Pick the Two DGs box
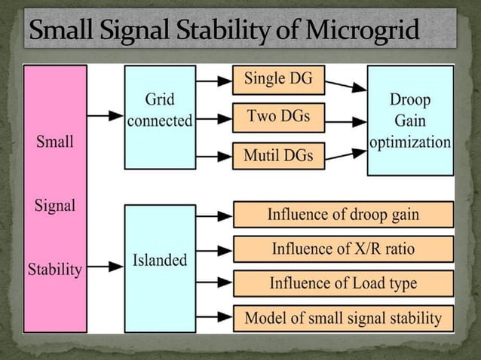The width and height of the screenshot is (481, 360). tap(277, 117)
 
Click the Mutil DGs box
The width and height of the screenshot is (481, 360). tap(277, 156)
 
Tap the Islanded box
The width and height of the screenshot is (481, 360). tap(160, 261)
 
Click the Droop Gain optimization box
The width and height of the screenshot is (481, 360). tap(410, 120)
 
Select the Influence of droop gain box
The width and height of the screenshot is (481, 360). tap(343, 215)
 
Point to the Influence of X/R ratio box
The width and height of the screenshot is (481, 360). tap(343, 249)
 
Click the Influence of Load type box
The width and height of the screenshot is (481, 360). tap(343, 283)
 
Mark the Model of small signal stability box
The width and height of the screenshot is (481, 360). tap(343, 317)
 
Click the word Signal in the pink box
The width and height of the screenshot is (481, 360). tap(55, 205)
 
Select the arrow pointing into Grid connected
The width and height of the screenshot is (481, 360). tap(105, 116)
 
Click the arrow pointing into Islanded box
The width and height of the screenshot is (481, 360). tap(105, 266)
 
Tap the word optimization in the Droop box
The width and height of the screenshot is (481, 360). tap(410, 142)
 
